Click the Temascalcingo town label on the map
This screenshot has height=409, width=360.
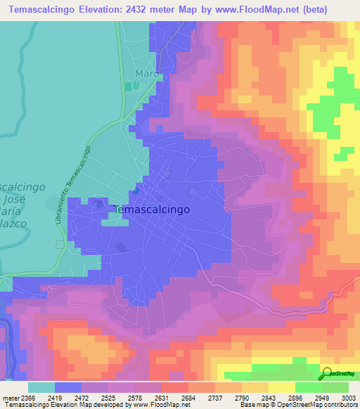(151, 209)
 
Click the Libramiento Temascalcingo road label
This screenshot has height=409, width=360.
(74, 185)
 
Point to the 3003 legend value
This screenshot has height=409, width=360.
(340, 398)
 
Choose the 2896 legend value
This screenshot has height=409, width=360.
(285, 398)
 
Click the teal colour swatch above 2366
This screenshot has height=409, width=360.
(41, 387)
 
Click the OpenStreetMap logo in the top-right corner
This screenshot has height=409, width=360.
(340, 74)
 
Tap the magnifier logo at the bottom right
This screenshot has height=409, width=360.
(328, 375)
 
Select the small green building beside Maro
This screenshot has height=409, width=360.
(128, 86)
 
